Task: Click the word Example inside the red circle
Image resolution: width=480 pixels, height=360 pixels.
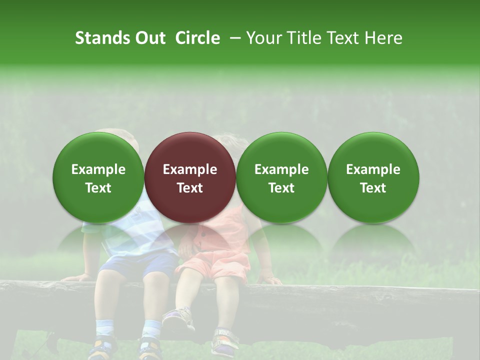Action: click(x=190, y=169)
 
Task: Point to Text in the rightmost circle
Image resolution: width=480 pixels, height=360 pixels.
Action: click(x=373, y=188)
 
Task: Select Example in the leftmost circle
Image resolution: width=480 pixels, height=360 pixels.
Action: click(x=98, y=169)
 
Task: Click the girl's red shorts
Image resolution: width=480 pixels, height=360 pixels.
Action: click(x=220, y=267)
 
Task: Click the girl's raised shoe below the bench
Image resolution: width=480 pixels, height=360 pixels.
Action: click(x=178, y=318)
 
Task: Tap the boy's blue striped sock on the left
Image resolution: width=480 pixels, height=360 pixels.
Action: click(x=105, y=327)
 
